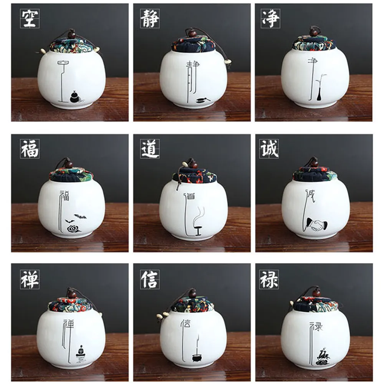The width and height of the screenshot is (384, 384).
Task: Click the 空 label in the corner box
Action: pyautogui.click(x=30, y=18)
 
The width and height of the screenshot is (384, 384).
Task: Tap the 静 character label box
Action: pyautogui.click(x=150, y=18)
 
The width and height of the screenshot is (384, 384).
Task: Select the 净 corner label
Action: pyautogui.click(x=270, y=18)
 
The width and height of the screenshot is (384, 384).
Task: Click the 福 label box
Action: pyautogui.click(x=30, y=149)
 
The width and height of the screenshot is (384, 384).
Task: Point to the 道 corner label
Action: pyautogui.click(x=150, y=149)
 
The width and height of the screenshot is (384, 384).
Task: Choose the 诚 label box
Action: pyautogui.click(x=270, y=149)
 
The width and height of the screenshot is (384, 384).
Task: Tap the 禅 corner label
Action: pyautogui.click(x=30, y=280)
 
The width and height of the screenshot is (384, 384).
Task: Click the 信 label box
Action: pyautogui.click(x=150, y=280)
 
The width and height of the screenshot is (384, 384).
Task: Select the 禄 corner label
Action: pyautogui.click(x=270, y=280)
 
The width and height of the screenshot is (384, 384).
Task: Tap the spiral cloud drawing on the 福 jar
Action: pyautogui.click(x=73, y=229)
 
